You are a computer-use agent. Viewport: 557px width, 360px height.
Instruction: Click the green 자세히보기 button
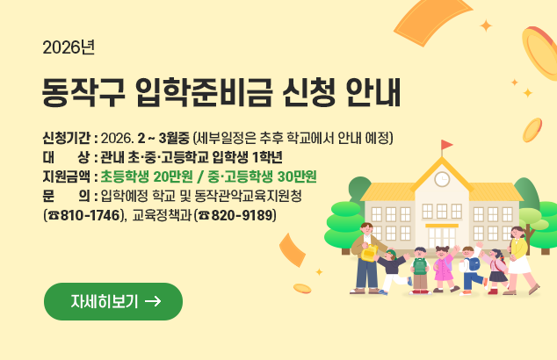point(113,301)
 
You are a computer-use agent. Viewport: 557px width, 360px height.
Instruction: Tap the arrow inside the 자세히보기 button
point(152,301)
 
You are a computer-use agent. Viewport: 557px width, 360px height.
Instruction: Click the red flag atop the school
point(447,145)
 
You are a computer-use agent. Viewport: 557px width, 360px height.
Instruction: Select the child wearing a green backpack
point(420,269)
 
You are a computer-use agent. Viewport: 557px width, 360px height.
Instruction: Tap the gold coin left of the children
point(302,288)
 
